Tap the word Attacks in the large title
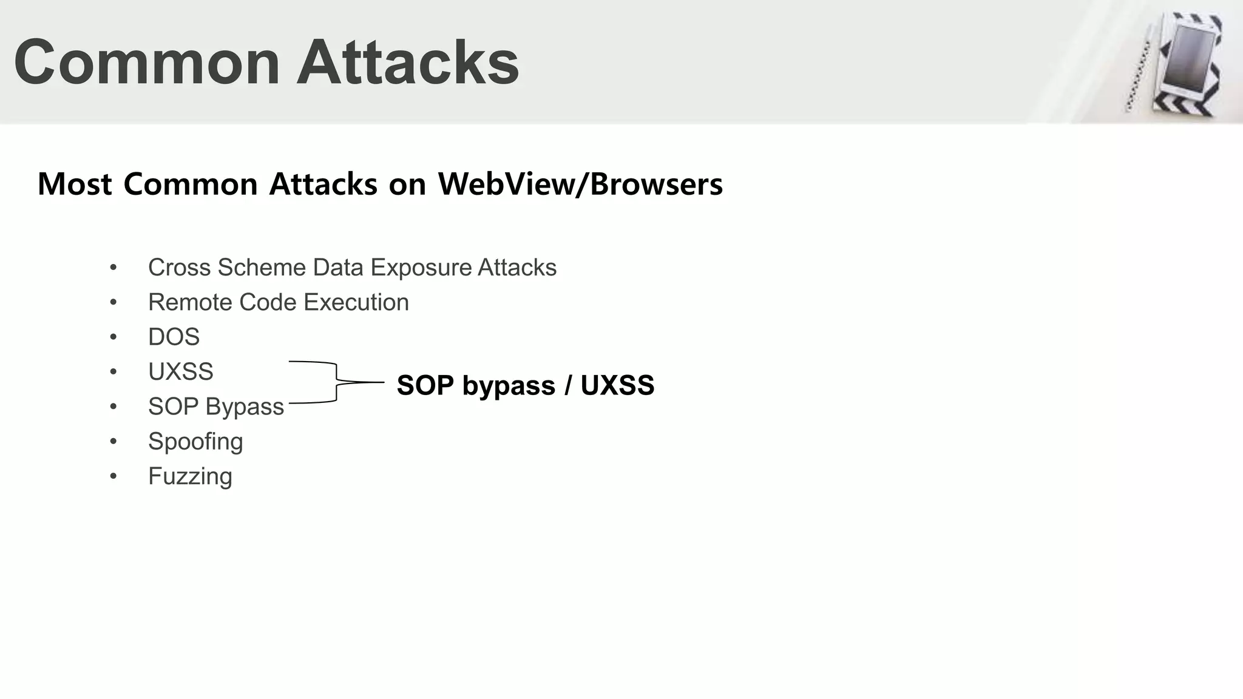point(407,62)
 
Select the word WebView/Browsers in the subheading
point(580,184)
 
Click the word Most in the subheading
point(75,184)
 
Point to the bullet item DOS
point(174,337)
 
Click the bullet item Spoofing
point(195,442)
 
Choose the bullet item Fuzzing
point(190,476)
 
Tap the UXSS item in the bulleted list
point(181,371)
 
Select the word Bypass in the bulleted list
point(245,407)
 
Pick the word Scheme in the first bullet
point(262,268)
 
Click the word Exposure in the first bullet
point(422,268)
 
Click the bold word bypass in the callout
point(509,386)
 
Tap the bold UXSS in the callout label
point(617,385)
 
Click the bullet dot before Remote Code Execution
point(113,302)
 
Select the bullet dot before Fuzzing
point(113,476)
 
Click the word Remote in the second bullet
point(191,302)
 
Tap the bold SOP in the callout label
point(425,385)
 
